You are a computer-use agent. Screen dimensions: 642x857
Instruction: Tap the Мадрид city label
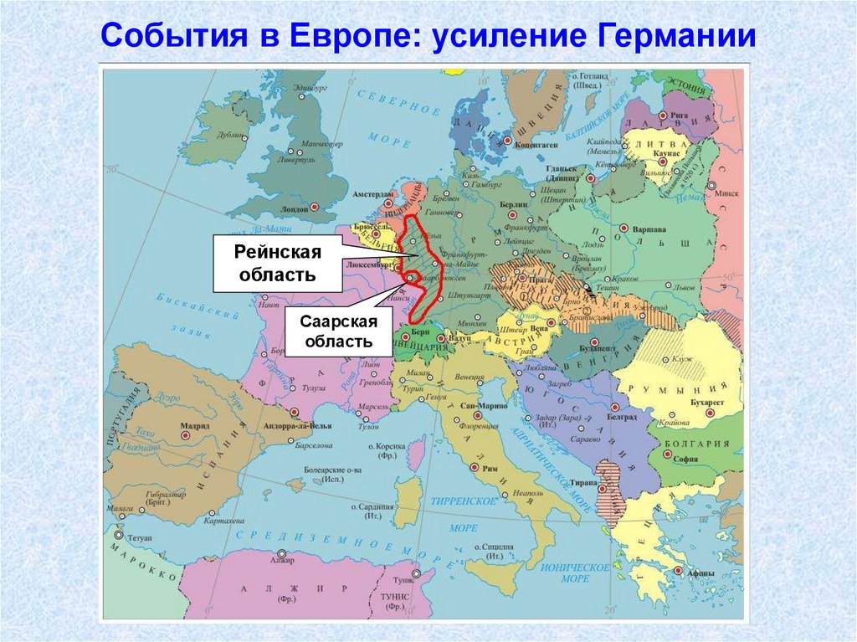coord(195,426)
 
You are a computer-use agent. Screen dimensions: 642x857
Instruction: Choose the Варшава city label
coord(649,229)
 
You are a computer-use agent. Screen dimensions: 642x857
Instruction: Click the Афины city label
coord(700,573)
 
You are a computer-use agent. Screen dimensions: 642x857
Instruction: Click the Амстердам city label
coord(372,194)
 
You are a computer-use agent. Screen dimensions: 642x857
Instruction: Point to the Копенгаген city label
coord(536,144)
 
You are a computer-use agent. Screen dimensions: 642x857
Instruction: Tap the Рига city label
coord(679,115)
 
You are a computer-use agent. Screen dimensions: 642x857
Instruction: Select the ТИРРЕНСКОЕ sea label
coord(463,501)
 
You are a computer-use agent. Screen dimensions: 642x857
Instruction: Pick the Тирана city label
coord(584,483)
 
